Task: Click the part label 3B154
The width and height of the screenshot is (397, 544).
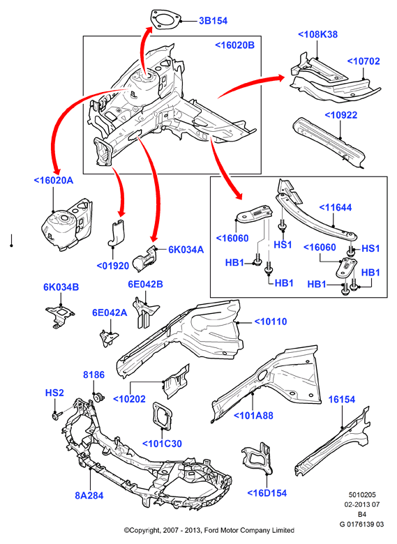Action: tap(213, 21)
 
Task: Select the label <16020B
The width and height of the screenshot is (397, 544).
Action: tap(235, 45)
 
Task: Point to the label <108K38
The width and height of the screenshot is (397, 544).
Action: tap(317, 34)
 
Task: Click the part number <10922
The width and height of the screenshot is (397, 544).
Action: tap(340, 115)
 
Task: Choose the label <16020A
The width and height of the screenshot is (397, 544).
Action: tap(54, 181)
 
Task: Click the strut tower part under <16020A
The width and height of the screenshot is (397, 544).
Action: tap(67, 224)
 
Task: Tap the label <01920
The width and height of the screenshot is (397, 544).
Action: tap(113, 266)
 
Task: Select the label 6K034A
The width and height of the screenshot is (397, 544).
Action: tap(186, 250)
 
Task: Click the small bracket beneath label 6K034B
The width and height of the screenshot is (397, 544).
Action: tap(60, 315)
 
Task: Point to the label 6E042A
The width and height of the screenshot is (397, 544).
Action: tap(110, 312)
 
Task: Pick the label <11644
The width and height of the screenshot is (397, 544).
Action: tap(335, 207)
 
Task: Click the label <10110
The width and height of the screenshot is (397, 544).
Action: tap(271, 322)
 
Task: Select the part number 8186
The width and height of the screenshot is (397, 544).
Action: tap(93, 375)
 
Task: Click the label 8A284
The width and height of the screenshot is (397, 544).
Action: tap(89, 495)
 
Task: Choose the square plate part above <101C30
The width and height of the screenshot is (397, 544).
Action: tap(163, 416)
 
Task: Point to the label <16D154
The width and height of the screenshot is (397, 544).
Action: tap(267, 493)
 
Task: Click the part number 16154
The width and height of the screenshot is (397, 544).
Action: tap(342, 400)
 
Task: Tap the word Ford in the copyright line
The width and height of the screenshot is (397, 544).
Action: tap(211, 530)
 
